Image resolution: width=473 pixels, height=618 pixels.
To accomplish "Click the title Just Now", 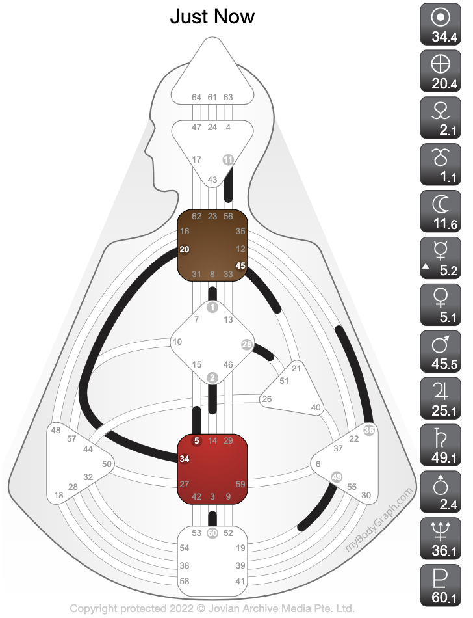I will pos(212,16).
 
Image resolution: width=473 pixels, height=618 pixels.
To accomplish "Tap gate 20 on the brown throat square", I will pos(185,249).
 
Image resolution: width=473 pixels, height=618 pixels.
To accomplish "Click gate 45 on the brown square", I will pos(240,265).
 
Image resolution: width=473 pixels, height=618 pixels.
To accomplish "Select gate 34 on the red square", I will pos(185,459).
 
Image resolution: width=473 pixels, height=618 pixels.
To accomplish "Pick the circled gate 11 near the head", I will pos(228,159).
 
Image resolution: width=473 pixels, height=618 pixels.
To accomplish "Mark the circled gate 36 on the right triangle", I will pos(370,430).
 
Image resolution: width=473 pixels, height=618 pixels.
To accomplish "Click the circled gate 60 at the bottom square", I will pos(212,533).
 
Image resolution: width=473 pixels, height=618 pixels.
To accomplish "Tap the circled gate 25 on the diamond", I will pos(247,344).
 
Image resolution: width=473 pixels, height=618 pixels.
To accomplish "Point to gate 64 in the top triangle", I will pos(197,98).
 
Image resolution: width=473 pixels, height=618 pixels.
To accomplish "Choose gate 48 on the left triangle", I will pos(55,431).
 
